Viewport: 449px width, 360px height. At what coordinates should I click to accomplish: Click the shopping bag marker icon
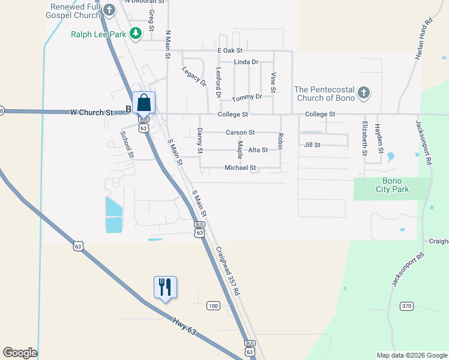(143, 102)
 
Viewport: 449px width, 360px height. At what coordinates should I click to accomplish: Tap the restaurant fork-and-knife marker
(164, 287)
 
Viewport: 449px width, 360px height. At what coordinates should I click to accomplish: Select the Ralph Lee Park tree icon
(136, 34)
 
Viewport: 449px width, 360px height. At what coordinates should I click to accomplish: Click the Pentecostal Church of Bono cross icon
(363, 93)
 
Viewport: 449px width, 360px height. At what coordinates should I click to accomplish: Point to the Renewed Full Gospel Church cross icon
(109, 10)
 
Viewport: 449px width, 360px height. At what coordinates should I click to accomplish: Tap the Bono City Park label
(387, 185)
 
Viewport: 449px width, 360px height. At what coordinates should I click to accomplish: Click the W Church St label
(91, 112)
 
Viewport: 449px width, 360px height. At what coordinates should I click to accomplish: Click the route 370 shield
(407, 306)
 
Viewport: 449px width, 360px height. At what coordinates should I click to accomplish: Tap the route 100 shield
(213, 306)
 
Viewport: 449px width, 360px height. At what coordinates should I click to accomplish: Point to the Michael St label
(240, 168)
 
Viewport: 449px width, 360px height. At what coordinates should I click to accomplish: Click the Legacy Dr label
(194, 76)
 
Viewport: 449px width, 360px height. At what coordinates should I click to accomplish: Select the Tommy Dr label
(247, 97)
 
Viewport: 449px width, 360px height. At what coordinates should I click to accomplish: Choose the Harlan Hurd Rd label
(424, 39)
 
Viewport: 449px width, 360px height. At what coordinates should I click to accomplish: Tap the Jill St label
(312, 145)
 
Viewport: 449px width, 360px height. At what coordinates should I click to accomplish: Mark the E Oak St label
(229, 51)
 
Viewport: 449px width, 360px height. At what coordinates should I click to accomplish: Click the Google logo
(20, 353)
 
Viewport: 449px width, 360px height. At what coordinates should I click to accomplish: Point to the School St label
(126, 145)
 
